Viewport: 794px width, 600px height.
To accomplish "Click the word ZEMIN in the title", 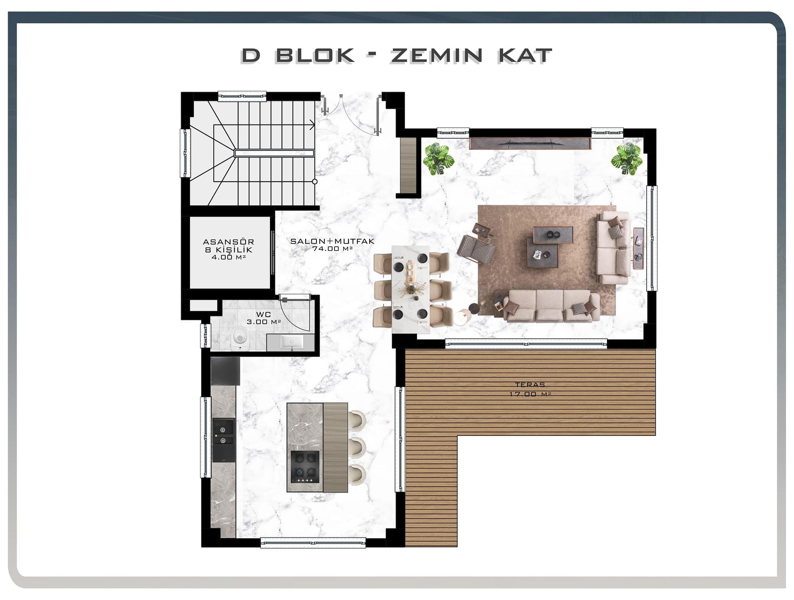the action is click(x=436, y=56).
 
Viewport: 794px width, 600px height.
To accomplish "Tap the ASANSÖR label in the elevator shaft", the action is click(x=228, y=242).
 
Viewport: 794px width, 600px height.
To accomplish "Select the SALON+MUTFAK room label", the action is click(x=332, y=241).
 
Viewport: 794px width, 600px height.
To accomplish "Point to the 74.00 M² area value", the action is click(x=332, y=249).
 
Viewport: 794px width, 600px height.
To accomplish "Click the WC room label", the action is click(x=263, y=315).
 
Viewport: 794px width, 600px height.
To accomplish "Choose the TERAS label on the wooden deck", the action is click(x=529, y=385).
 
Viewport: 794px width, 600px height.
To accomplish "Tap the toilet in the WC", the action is click(x=239, y=337).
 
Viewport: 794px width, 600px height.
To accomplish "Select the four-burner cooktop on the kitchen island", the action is click(x=305, y=466).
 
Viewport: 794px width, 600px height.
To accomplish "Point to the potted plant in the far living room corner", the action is click(x=627, y=159).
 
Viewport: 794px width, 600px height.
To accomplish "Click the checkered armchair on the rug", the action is click(x=476, y=249).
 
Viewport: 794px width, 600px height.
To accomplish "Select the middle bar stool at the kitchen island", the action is click(x=358, y=447).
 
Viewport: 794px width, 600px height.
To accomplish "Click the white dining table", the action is click(x=410, y=289).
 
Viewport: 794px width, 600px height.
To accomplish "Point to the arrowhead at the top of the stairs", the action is click(x=312, y=125).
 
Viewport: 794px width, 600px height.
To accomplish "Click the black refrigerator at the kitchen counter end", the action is click(x=225, y=371).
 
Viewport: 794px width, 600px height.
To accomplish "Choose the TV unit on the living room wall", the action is click(x=530, y=143).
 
